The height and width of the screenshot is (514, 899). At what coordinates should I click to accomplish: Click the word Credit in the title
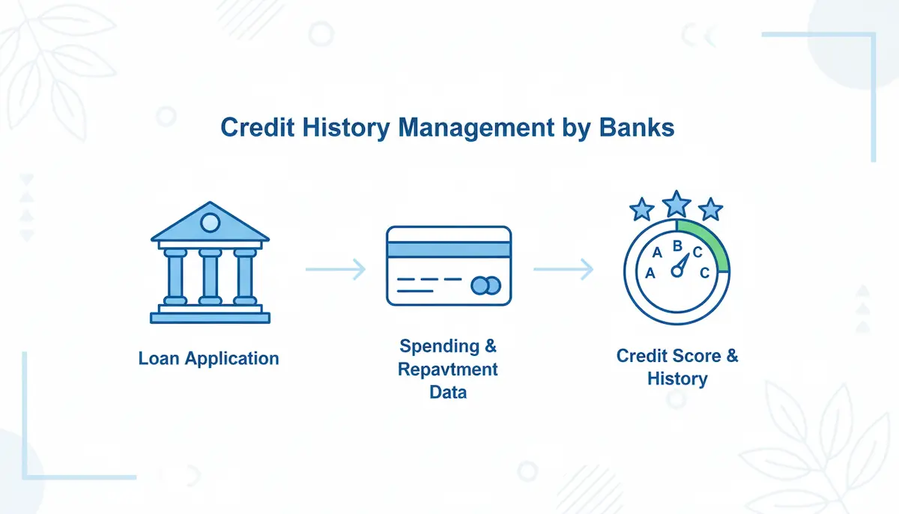[x=257, y=127]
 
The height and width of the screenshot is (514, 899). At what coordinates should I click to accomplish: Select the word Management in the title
[x=476, y=128]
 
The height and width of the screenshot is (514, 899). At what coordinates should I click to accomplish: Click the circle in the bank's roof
[x=210, y=223]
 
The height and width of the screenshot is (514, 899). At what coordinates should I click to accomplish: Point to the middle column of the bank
[x=210, y=277]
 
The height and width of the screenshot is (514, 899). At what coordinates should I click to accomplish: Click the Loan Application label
[x=209, y=358]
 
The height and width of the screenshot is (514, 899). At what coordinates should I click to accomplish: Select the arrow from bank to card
[x=336, y=269]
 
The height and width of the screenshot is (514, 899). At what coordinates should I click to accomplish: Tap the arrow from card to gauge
[x=563, y=269]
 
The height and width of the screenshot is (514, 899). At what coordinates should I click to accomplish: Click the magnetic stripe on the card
[x=449, y=250]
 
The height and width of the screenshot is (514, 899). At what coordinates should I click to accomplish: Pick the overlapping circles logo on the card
[x=485, y=285]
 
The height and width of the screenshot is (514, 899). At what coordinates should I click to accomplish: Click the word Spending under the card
[x=440, y=347]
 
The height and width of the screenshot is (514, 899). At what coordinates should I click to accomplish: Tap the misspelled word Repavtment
[x=448, y=369]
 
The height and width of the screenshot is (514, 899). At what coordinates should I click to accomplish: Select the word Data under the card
[x=448, y=392]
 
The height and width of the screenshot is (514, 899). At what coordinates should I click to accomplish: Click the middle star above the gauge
[x=676, y=204]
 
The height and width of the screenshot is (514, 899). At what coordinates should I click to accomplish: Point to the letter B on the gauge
[x=677, y=246]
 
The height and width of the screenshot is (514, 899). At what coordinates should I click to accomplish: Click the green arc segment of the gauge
[x=709, y=242]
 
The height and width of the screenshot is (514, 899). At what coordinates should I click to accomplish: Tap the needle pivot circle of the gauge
[x=677, y=272]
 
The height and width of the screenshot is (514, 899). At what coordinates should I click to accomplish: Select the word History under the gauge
[x=677, y=379]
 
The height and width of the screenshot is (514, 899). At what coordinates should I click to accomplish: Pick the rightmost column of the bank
[x=245, y=277]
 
